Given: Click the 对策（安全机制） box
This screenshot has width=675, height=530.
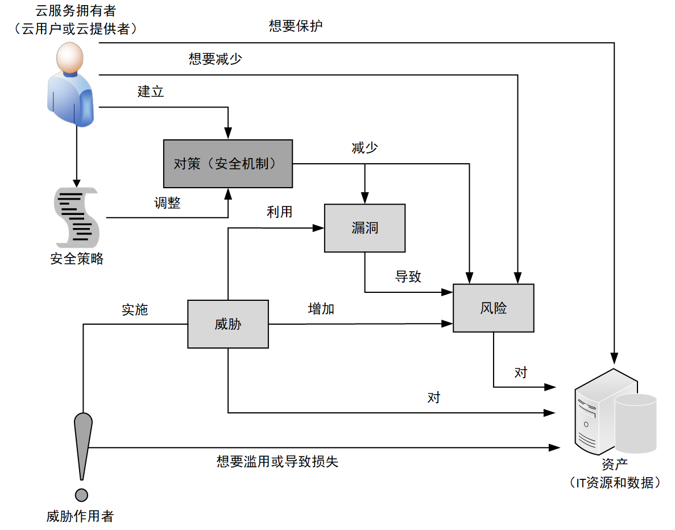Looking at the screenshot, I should click(228, 164).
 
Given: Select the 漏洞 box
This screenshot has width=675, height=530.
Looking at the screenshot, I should click(365, 228).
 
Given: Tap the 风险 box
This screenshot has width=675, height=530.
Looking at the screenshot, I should click(493, 308).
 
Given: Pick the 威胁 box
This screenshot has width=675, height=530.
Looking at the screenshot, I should click(228, 324).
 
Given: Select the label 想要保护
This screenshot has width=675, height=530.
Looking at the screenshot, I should click(296, 26).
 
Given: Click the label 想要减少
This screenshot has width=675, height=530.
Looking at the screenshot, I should click(216, 59).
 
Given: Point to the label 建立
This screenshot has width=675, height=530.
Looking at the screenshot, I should click(151, 91).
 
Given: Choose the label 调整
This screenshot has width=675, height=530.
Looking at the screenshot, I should click(167, 203).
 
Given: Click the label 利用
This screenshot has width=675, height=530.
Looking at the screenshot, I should click(279, 212).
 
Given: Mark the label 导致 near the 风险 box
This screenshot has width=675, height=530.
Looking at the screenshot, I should click(408, 277).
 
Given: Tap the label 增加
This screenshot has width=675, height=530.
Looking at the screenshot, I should click(321, 309).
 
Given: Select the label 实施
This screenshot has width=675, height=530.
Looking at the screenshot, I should click(135, 309).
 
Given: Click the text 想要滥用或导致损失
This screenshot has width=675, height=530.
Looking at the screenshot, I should click(277, 461).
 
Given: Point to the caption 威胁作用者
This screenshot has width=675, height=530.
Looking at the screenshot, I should click(80, 516).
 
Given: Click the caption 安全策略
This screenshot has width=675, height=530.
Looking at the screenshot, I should click(77, 259).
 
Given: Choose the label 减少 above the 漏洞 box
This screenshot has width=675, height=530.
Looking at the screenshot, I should click(365, 148).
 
